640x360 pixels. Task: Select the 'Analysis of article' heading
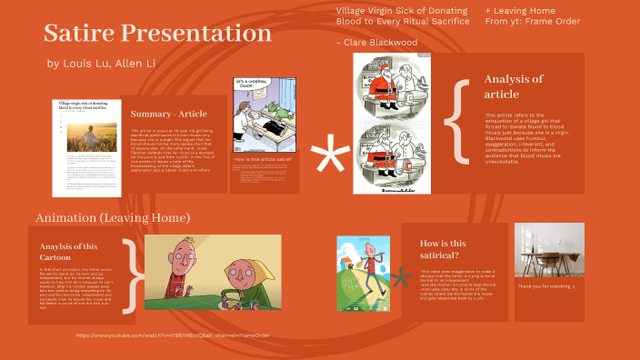pos(514,86)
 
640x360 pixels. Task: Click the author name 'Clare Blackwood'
pos(381,42)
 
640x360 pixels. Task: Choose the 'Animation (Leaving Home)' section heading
pos(113,218)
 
